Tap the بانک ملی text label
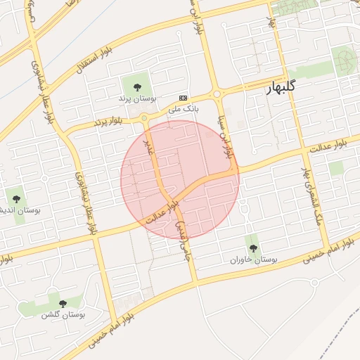click(184, 109)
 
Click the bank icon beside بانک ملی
click(184, 98)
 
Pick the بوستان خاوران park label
click(254, 260)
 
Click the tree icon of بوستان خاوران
click(252, 247)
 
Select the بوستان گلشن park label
click(63, 315)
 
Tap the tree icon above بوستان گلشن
click(63, 304)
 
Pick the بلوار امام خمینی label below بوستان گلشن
click(105, 332)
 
